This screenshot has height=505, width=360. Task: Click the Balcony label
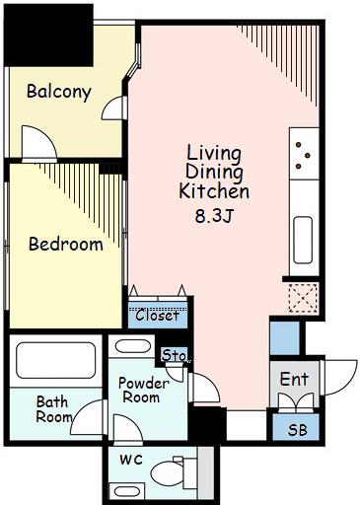click(59, 93)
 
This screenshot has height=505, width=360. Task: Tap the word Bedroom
click(66, 244)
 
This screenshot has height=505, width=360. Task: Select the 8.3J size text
click(214, 216)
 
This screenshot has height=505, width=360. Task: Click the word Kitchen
click(214, 191)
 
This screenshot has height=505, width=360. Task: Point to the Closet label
click(158, 316)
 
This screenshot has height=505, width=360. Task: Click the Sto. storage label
click(175, 355)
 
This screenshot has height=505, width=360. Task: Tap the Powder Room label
click(143, 391)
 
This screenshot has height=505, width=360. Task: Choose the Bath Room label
click(53, 409)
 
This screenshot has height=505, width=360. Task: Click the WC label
click(131, 460)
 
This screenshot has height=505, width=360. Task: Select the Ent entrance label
click(294, 379)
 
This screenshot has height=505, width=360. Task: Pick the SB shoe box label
click(298, 430)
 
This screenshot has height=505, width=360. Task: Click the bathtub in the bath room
click(56, 360)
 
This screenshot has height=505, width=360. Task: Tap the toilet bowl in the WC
click(168, 473)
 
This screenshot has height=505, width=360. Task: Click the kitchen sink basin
click(303, 240)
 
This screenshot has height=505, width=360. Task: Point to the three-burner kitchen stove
click(304, 154)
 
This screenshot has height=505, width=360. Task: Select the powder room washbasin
click(133, 346)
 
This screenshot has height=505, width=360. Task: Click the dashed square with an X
click(303, 298)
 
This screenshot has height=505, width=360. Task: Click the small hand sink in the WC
click(127, 492)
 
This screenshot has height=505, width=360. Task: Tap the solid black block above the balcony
click(48, 36)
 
